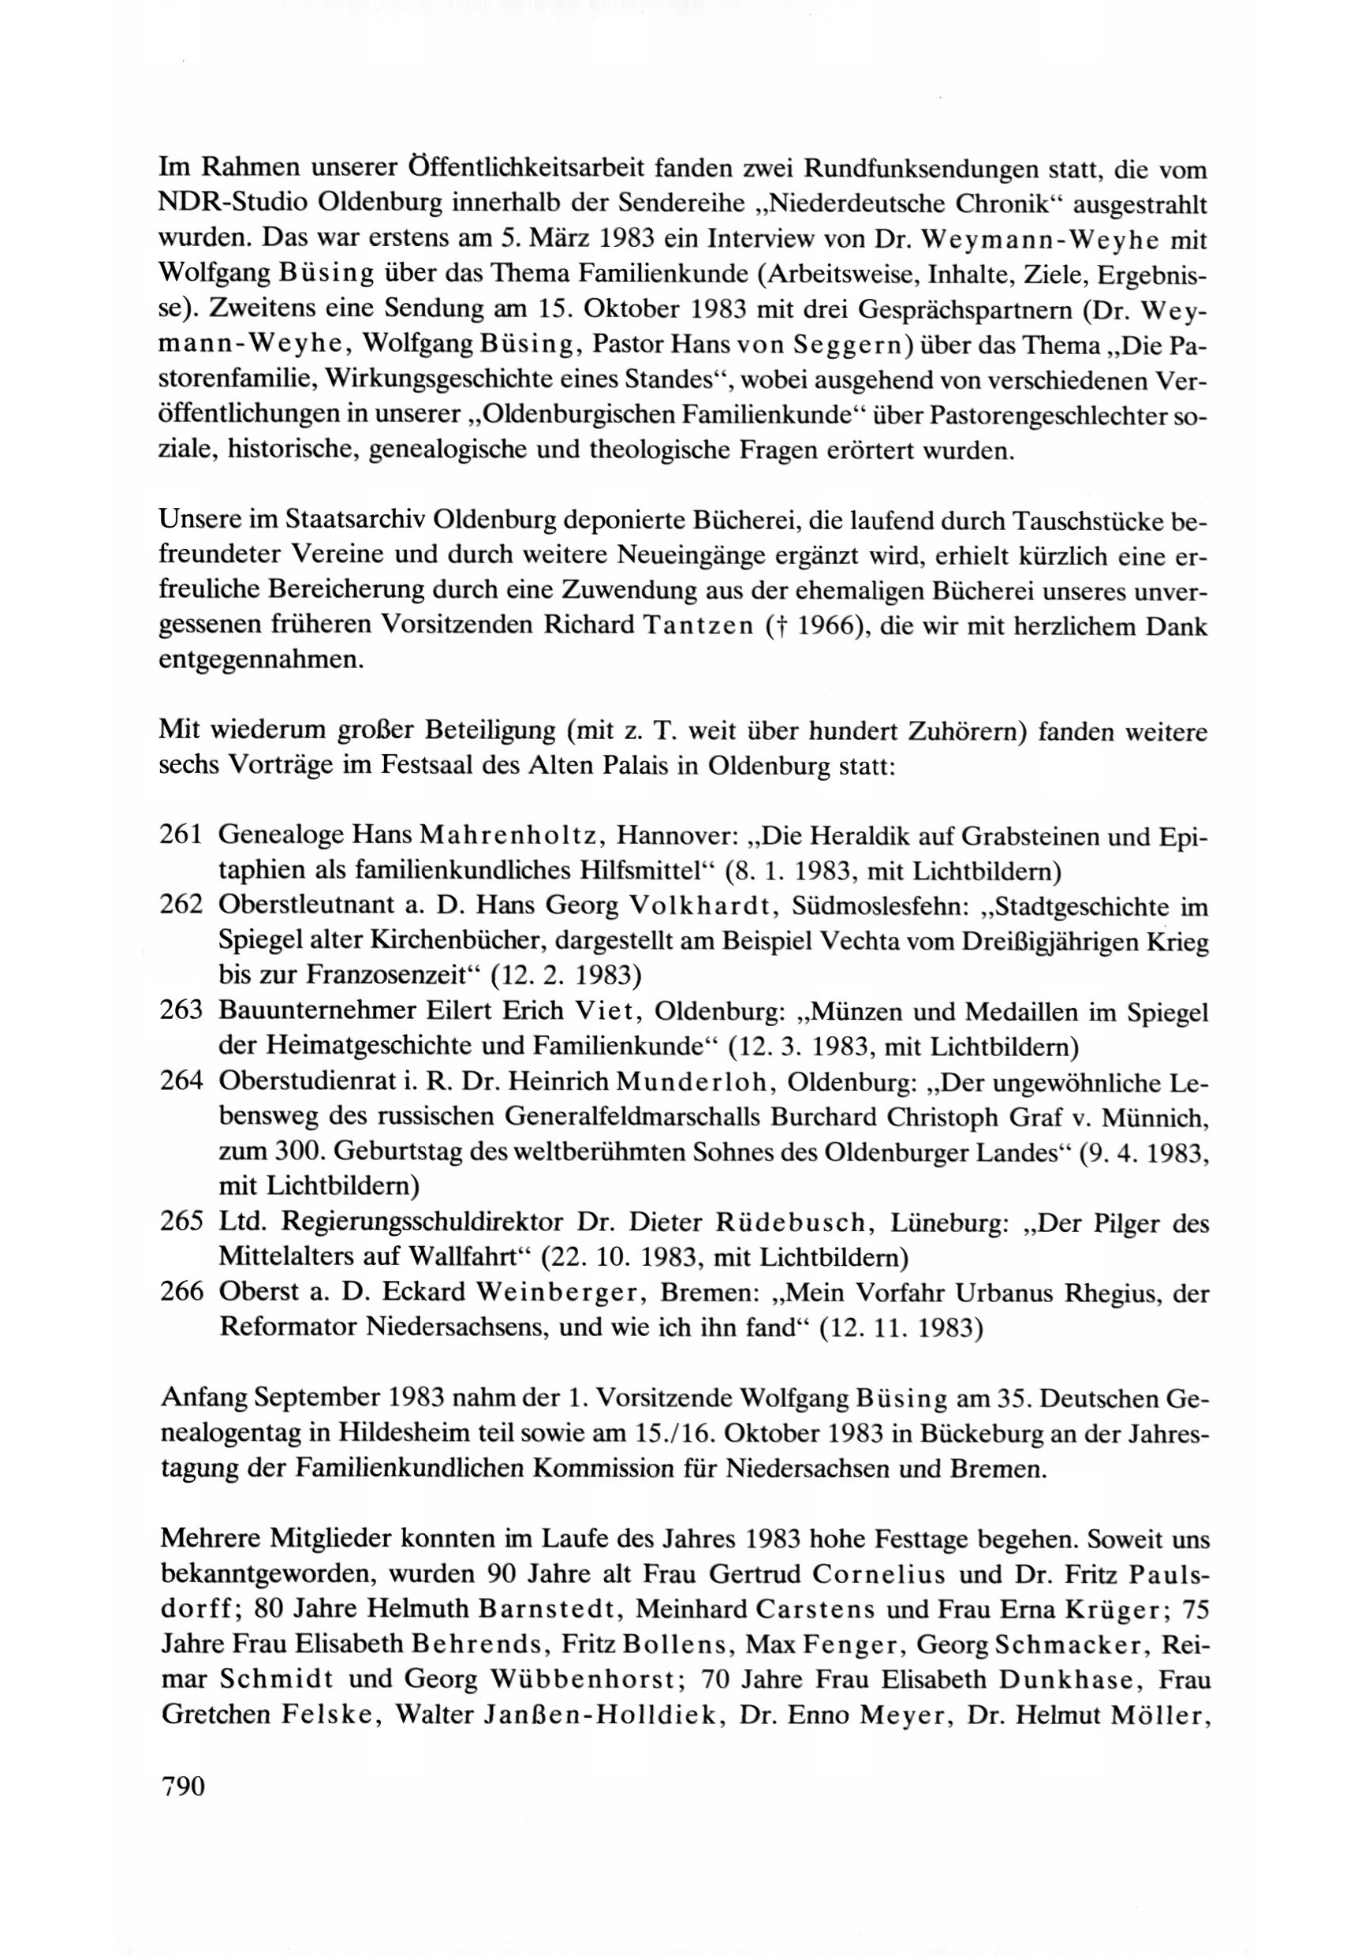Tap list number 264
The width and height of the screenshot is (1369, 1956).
[181, 1081]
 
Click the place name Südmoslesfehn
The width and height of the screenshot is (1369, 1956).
[880, 905]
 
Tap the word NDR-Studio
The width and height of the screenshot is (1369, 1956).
[231, 205]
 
